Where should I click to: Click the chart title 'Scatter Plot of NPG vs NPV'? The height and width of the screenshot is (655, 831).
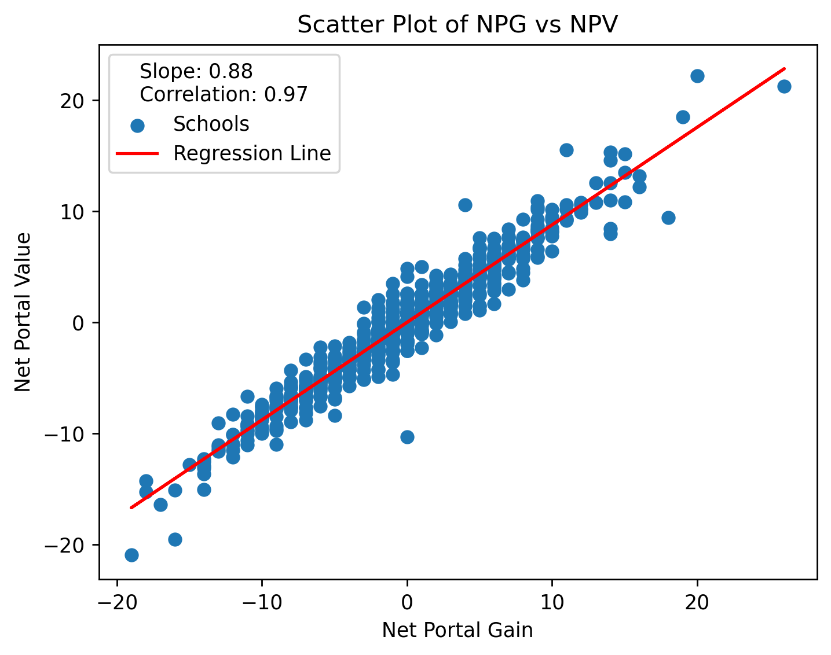[x=457, y=25]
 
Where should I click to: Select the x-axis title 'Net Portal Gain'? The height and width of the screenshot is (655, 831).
[x=457, y=630]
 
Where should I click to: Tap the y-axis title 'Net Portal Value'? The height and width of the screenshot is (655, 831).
[x=24, y=312]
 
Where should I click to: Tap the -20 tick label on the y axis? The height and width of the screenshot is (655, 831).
[x=69, y=545]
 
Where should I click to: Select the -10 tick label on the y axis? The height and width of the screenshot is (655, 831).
[x=69, y=434]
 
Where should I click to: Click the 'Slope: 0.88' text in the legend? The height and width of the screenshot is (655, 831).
[x=196, y=71]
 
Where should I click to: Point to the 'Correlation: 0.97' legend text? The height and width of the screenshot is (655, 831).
[x=224, y=94]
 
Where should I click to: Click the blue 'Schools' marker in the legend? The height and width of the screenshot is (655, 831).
[x=137, y=125]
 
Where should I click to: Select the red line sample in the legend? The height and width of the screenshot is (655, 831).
[x=137, y=153]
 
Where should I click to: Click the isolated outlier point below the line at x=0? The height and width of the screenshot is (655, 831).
[x=407, y=437]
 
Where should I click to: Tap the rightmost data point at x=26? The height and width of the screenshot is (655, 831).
[x=784, y=86]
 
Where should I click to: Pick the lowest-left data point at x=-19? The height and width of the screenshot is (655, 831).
[x=131, y=555]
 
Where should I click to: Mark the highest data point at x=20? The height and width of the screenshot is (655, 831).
[x=697, y=76]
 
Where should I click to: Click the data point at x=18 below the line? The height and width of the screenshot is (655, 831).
[x=668, y=218]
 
